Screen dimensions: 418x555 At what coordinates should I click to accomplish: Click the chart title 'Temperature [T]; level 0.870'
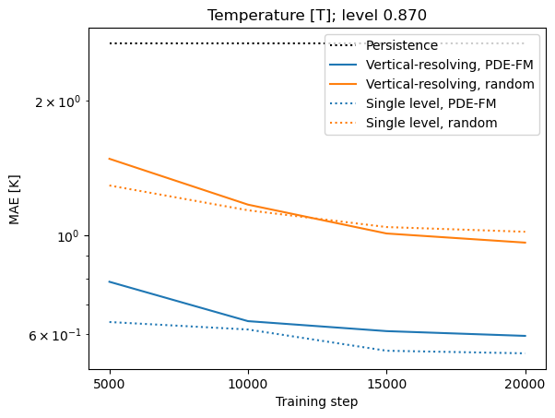(317, 15)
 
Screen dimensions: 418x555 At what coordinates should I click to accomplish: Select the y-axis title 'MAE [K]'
(15, 201)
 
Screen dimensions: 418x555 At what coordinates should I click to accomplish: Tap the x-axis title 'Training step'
(317, 402)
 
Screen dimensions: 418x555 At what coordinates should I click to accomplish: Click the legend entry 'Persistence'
(401, 45)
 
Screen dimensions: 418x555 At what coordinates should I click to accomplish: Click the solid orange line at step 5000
(110, 159)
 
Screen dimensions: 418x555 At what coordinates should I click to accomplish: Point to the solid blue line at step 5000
(110, 281)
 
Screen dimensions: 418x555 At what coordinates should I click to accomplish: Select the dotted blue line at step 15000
(386, 351)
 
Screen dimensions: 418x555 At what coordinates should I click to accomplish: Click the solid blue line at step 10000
(248, 321)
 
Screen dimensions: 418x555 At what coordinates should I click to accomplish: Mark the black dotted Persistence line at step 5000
(110, 43)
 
